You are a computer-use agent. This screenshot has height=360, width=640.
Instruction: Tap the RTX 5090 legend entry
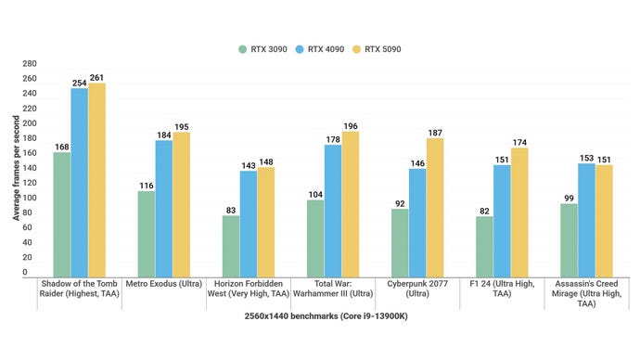377,48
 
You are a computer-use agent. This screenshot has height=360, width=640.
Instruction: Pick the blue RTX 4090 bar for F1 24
501,219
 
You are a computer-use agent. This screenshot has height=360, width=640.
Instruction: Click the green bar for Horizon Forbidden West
230,245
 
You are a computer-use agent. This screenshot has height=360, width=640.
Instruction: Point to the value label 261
97,77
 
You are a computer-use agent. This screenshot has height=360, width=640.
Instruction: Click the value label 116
146,186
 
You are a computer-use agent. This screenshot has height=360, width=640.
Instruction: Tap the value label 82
483,211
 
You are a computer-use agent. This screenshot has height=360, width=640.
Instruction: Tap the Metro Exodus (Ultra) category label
163,283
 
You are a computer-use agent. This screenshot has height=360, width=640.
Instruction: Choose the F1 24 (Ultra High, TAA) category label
501,288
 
